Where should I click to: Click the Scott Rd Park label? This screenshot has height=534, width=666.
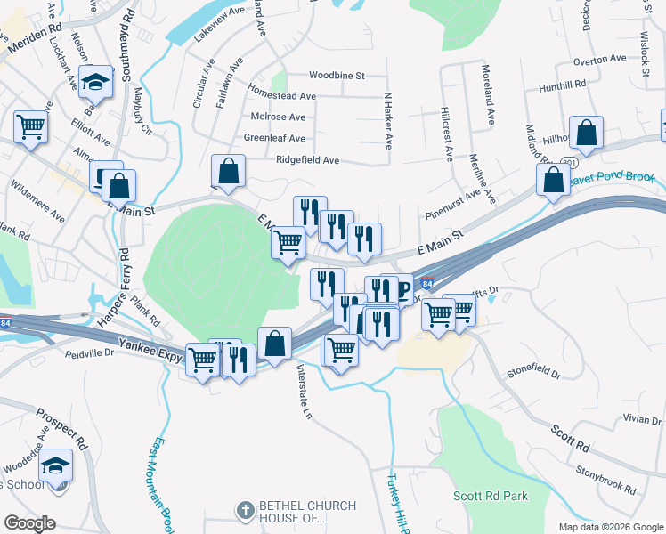[490, 496]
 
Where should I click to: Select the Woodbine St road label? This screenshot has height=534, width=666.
[337, 77]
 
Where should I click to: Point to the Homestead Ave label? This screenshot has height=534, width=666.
[282, 96]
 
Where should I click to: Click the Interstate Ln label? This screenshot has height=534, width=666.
[304, 392]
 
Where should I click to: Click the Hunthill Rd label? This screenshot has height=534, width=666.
[563, 85]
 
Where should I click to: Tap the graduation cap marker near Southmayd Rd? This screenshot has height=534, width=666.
[96, 82]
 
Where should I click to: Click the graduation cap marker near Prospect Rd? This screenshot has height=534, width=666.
[56, 465]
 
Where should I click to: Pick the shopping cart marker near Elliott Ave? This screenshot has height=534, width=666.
[30, 127]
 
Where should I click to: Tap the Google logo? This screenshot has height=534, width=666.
[29, 523]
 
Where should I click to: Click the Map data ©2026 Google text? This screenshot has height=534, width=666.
[610, 527]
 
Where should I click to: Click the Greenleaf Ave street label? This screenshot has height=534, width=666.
[274, 139]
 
